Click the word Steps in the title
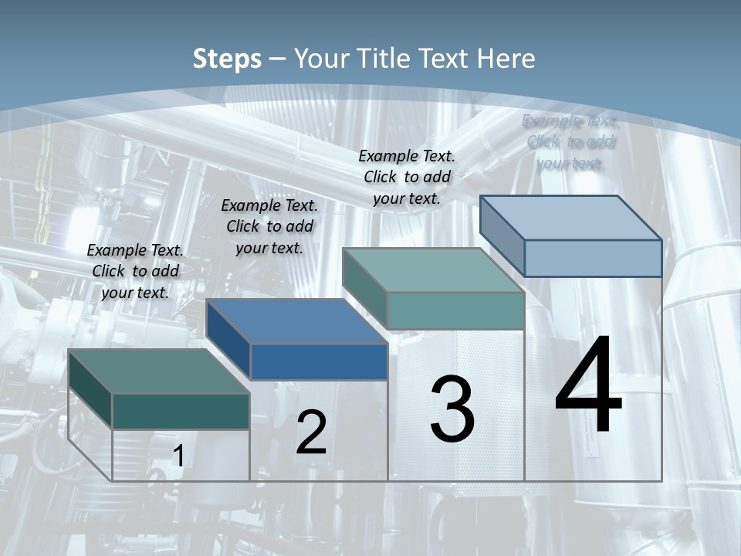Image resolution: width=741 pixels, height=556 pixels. point(227,59)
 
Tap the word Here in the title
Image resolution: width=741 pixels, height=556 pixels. point(506,59)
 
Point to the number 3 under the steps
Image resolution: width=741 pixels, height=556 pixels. point(452,409)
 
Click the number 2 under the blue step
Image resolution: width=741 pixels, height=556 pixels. point(311,432)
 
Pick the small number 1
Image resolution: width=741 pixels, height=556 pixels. point(178,456)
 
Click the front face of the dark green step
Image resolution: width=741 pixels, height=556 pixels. point(181,411)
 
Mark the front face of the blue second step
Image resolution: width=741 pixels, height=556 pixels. point(319,361)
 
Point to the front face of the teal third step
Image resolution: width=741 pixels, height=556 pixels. point(455,310)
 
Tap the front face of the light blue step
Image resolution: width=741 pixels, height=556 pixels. point(593,258)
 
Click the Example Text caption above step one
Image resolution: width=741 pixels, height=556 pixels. point(135,271)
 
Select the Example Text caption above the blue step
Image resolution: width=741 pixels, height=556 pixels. point(269,226)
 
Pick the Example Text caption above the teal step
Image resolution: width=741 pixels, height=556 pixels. point(407,177)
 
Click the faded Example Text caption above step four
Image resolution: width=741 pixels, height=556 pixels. point(570,142)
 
